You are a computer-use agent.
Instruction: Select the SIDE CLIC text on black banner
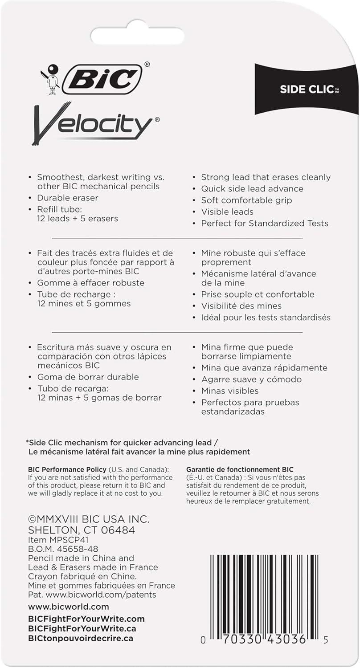(x=307, y=89)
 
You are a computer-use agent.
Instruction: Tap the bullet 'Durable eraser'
(x=68, y=198)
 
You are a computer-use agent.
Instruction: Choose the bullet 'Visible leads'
(x=227, y=212)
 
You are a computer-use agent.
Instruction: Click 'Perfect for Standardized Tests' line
(x=265, y=223)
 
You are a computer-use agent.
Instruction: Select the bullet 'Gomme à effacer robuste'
(x=91, y=283)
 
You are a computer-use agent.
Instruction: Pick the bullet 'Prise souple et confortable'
(x=258, y=294)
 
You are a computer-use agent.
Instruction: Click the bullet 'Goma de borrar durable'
(x=88, y=377)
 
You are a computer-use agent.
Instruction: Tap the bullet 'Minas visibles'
(x=230, y=391)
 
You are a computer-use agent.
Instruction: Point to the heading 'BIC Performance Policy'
(x=67, y=469)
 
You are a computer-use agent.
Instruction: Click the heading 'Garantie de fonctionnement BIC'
(x=240, y=469)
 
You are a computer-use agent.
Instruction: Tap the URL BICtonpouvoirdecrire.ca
(x=81, y=638)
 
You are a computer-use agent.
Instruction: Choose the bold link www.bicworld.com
(x=69, y=607)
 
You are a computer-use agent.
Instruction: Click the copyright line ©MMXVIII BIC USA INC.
(x=89, y=519)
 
